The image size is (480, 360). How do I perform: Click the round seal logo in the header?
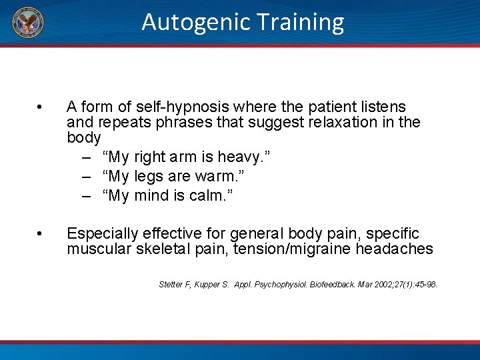tap(27, 23)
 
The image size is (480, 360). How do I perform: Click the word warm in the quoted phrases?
tap(227, 177)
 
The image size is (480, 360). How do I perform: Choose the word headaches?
tap(396, 249)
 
